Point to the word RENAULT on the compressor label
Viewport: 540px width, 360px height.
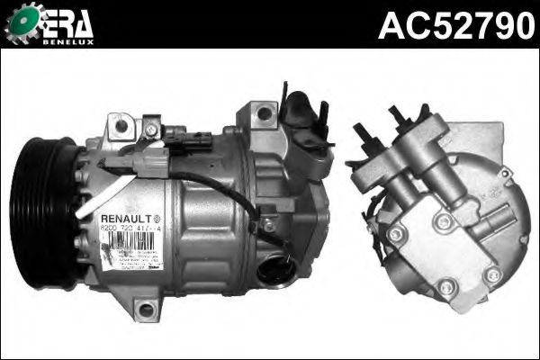124,218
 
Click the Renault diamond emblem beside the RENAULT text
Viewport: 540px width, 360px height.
158,218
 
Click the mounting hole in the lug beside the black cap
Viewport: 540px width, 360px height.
264,112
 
